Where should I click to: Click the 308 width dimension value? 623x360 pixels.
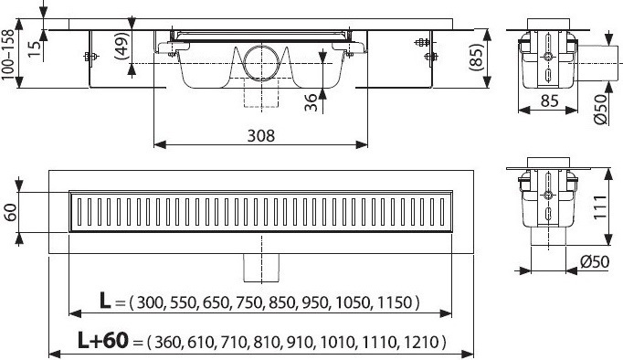coord(260,136)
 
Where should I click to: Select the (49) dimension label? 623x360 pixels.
coord(122,46)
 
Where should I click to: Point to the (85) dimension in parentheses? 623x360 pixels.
coord(476,58)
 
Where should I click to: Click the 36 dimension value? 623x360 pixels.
coord(311,102)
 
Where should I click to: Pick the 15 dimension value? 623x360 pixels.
coord(35,48)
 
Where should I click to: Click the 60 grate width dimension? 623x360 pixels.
coord(10,212)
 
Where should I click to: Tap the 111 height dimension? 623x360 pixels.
coord(600,206)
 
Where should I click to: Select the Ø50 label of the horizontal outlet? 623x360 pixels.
coord(602,110)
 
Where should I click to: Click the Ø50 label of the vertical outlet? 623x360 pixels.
coord(595,261)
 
